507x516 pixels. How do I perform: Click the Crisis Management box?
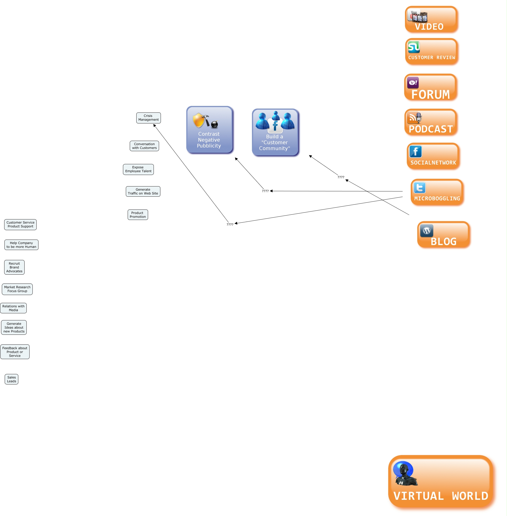click(x=148, y=118)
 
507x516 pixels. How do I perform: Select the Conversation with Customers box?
click(x=144, y=146)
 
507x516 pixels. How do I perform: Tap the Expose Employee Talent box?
click(x=138, y=169)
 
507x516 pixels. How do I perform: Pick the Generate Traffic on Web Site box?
click(x=143, y=191)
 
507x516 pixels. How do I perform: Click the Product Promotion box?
click(x=138, y=215)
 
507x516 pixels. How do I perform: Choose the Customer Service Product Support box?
click(x=20, y=224)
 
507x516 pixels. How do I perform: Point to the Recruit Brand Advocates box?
click(x=14, y=267)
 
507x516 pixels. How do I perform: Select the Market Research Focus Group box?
click(x=17, y=289)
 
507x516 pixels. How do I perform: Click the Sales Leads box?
click(x=12, y=379)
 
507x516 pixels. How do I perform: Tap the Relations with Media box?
click(x=13, y=308)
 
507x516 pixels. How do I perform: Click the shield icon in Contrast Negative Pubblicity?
click(x=199, y=120)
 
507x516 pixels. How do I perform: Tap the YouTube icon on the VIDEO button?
click(x=417, y=16)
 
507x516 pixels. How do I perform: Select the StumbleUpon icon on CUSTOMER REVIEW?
click(x=414, y=47)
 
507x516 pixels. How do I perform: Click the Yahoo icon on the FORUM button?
click(x=413, y=83)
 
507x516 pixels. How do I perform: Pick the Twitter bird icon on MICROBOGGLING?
click(x=419, y=188)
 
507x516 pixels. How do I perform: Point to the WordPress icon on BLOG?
click(x=427, y=231)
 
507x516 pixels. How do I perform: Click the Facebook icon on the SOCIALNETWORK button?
click(x=415, y=151)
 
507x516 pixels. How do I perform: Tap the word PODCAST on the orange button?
click(x=431, y=129)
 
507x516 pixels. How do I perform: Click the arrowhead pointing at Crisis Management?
click(x=154, y=126)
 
